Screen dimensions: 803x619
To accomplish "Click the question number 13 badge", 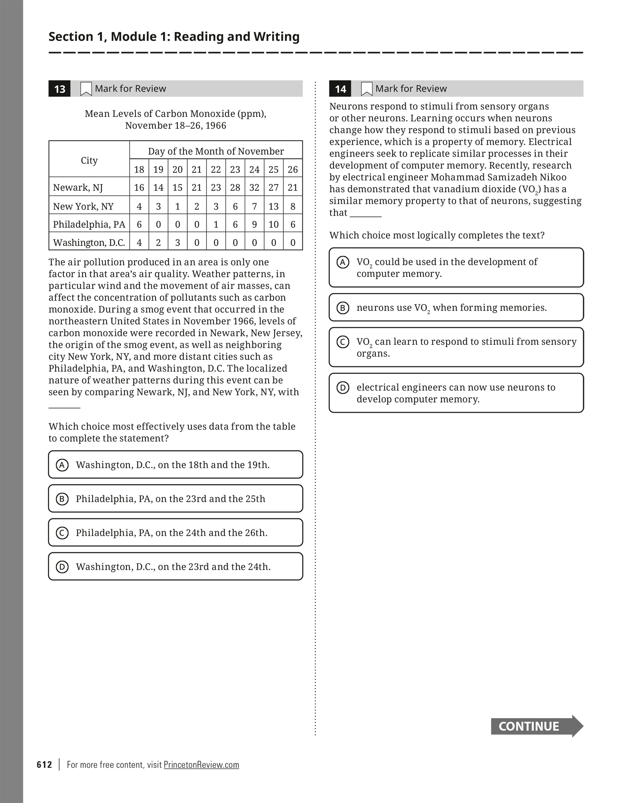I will point(60,89).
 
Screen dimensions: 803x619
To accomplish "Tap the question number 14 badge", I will point(340,89).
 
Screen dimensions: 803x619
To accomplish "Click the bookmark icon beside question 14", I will point(366,89).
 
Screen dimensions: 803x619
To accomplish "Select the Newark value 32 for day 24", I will point(254,187).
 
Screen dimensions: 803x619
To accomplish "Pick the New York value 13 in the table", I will point(273,206).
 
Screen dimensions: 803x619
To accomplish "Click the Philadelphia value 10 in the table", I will point(273,224).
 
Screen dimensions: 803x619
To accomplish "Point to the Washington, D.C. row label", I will point(89,243).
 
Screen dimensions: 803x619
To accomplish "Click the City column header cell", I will point(89,160).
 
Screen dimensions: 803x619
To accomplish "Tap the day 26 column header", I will point(293,169).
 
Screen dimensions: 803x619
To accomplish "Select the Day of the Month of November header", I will point(216,151).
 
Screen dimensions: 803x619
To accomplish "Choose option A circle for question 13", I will point(62,465).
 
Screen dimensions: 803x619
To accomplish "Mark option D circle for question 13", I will point(62,567).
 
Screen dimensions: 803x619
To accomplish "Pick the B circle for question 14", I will point(343,308).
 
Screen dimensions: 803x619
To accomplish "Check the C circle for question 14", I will point(343,342).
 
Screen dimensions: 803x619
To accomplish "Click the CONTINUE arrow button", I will point(536,726).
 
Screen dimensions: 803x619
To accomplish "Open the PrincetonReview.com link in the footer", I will point(201,765).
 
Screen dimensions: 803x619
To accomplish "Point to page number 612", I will point(45,765).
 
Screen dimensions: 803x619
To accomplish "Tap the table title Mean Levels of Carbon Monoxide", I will point(176,114).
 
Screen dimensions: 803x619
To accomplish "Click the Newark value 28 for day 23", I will point(235,187).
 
